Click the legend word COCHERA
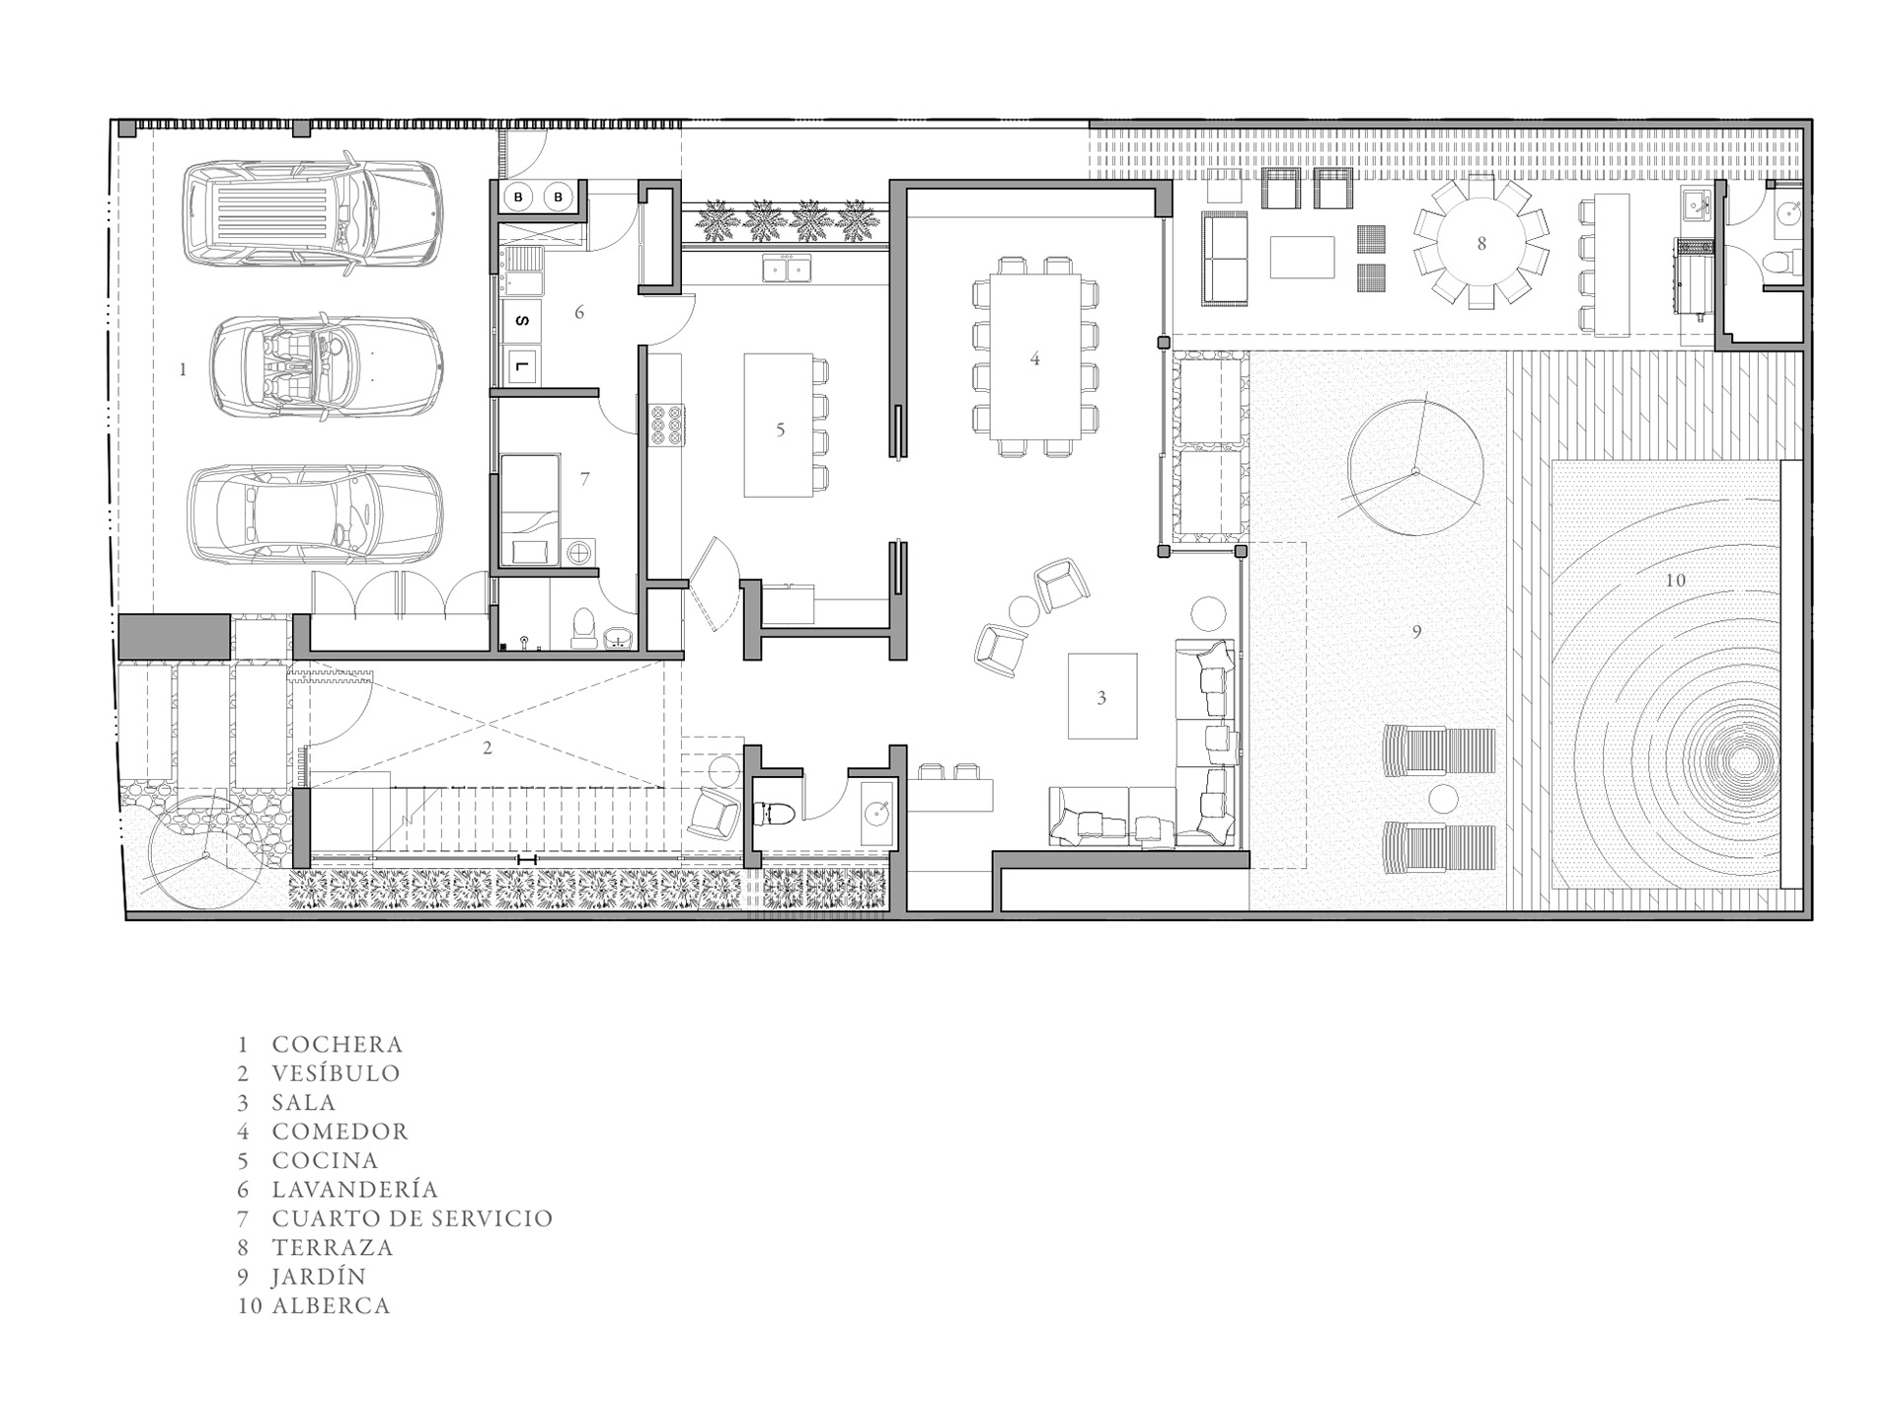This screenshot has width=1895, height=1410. (x=338, y=1045)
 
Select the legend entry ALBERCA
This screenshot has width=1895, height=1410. (x=332, y=1305)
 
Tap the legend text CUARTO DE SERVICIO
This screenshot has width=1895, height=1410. (x=413, y=1218)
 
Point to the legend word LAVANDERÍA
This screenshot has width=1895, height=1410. (x=355, y=1190)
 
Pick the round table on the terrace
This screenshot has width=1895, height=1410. (x=1480, y=243)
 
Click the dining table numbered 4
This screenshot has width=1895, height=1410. (x=1034, y=356)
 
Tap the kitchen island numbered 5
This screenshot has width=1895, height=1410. (x=779, y=426)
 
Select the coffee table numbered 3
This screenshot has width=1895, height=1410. (x=1102, y=696)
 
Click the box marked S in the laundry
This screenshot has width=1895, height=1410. (x=523, y=320)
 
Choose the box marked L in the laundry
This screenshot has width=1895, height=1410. (x=523, y=367)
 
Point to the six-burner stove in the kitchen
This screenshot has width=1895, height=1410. (x=665, y=427)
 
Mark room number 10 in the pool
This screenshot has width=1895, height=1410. (x=1675, y=581)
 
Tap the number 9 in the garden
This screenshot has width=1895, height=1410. (x=1416, y=632)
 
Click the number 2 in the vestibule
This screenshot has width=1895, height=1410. (x=488, y=748)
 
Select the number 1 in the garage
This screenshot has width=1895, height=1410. (x=183, y=369)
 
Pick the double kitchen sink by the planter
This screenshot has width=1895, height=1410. (x=787, y=268)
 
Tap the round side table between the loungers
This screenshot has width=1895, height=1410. (x=1443, y=798)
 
